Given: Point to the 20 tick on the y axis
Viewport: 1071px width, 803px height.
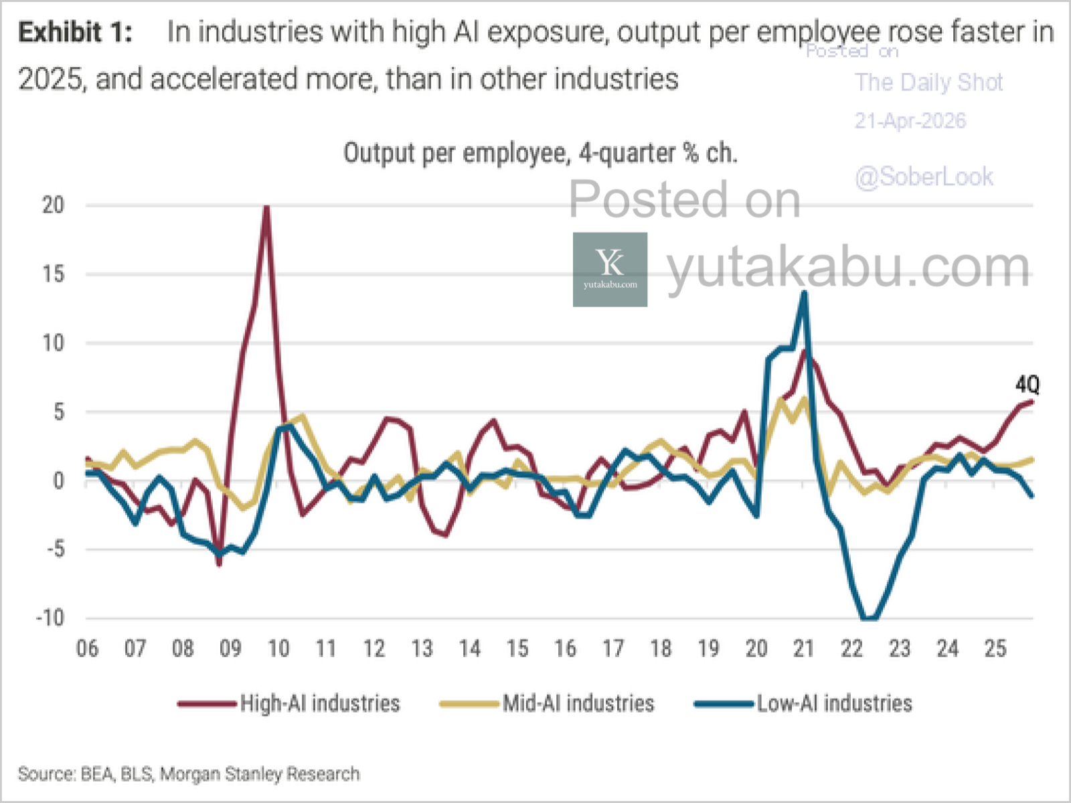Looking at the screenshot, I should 54,205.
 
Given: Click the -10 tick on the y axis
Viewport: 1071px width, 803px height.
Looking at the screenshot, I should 51,618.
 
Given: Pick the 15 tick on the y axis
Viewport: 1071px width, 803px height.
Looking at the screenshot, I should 54,274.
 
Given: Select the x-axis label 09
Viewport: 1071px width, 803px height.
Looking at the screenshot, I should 230,648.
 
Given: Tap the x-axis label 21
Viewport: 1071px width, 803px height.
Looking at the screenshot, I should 803,648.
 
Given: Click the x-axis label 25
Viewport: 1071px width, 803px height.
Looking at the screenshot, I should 995,648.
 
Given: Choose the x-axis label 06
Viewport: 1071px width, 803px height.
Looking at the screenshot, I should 87,648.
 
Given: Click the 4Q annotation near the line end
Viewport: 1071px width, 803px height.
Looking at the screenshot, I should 1027,385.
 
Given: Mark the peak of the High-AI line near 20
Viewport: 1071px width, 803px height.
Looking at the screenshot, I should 266,207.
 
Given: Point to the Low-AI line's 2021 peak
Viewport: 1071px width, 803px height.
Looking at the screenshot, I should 804,292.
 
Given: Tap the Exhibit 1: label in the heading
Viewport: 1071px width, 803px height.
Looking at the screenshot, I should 75,32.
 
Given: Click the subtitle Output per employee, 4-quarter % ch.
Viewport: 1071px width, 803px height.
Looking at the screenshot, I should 540,153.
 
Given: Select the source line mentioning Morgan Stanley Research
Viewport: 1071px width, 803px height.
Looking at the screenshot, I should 189,774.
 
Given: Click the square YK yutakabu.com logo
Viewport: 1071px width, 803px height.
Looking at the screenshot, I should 610,270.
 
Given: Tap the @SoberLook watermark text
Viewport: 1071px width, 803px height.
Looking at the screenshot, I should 924,177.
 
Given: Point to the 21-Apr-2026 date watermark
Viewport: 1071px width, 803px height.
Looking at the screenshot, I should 910,121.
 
